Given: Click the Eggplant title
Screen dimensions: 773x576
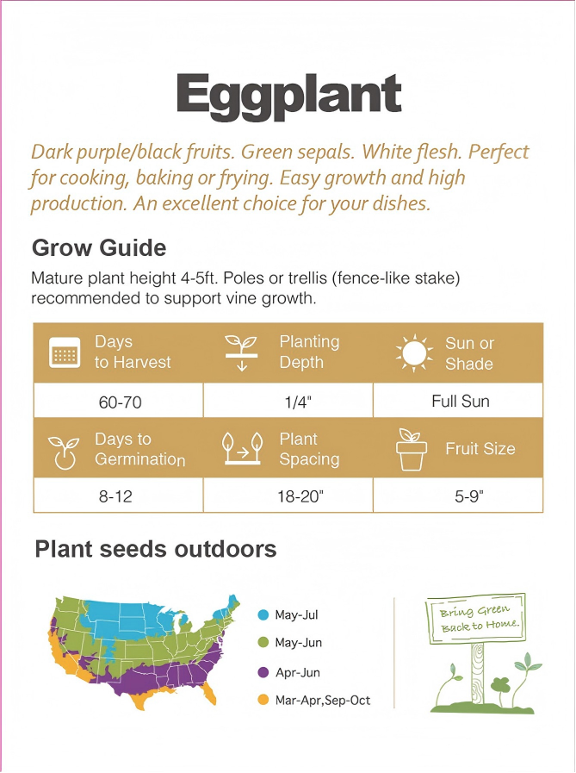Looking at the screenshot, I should [x=288, y=96].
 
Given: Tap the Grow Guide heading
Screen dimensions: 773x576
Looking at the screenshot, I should [x=99, y=248].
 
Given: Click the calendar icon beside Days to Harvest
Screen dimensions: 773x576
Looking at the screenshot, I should [x=65, y=353].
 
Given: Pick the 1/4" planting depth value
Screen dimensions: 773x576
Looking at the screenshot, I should [x=288, y=402].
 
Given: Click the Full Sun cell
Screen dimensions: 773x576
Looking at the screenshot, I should [x=460, y=401].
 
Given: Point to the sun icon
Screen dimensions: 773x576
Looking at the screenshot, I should [x=414, y=353].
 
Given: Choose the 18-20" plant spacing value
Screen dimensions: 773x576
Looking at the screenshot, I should [x=288, y=496].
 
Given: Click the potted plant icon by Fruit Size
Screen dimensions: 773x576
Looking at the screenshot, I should [x=412, y=449].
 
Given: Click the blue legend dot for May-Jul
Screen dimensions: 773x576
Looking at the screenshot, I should [x=263, y=615].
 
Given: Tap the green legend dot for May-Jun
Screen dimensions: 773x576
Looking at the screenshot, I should [x=263, y=643].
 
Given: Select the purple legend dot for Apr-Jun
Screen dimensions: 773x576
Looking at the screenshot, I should [x=263, y=672].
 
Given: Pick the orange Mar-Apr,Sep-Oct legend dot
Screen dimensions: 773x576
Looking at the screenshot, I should [x=263, y=700].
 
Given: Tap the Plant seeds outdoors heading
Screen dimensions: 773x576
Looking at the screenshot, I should [x=156, y=550].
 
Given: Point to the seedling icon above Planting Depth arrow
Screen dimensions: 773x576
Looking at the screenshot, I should [x=241, y=343].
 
